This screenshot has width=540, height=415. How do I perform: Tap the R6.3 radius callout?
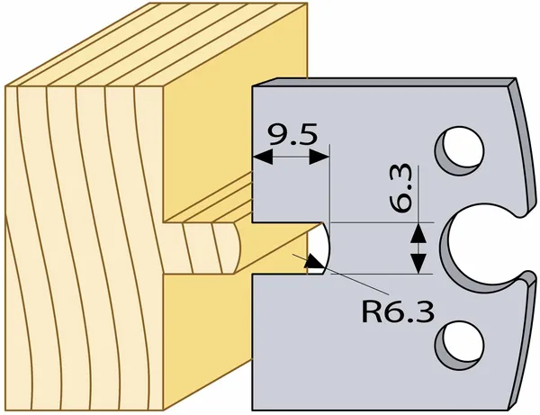pyautogui.click(x=398, y=311)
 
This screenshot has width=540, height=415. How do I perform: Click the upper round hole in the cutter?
pyautogui.click(x=459, y=151)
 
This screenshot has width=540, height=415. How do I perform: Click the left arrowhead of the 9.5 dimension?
pyautogui.click(x=263, y=158)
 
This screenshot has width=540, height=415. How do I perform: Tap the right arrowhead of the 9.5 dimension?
pyautogui.click(x=319, y=158)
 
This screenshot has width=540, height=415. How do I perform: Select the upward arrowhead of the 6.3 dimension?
pyautogui.click(x=418, y=233)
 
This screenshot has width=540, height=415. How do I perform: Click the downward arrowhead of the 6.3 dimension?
pyautogui.click(x=418, y=264)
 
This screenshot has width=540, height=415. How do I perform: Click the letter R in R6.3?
pyautogui.click(x=371, y=311)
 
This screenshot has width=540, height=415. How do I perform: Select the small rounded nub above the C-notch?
pyautogui.click(x=521, y=211)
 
